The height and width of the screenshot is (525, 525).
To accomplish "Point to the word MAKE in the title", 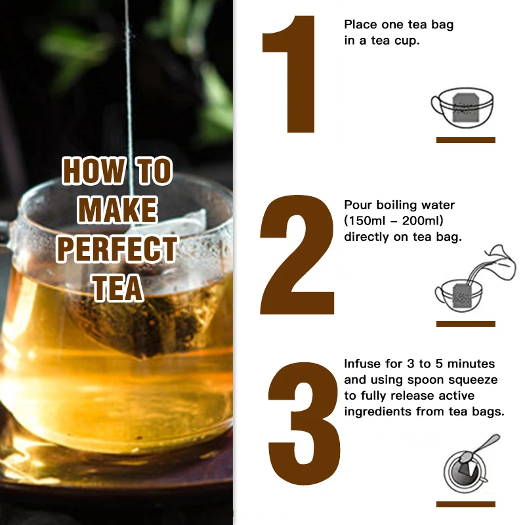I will pyautogui.click(x=117, y=211).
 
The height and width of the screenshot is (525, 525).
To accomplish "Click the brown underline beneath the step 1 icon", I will pyautogui.click(x=466, y=140).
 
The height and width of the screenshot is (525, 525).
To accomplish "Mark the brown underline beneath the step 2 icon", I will pyautogui.click(x=466, y=324).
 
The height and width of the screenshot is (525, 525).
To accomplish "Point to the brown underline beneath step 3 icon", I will pyautogui.click(x=466, y=504).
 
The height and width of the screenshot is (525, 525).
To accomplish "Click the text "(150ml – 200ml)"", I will pyautogui.click(x=388, y=220).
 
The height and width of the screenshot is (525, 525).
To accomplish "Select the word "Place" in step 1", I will pyautogui.click(x=361, y=25).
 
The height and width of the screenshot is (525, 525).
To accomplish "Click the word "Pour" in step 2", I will pyautogui.click(x=358, y=205).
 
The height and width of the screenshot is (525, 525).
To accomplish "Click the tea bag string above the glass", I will pyautogui.click(x=131, y=98).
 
